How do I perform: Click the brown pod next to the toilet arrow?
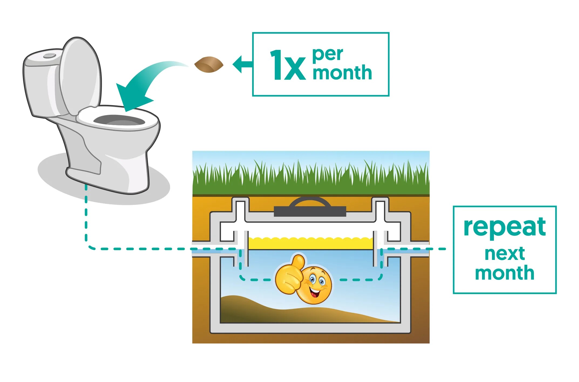[209, 65]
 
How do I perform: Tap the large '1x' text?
[287, 66]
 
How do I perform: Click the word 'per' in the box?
[328, 55]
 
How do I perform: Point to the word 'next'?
[504, 254]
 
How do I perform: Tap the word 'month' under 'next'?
[504, 273]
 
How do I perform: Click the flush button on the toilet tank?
[50, 56]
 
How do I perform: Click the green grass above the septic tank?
[310, 178]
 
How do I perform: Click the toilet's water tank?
[40, 84]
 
